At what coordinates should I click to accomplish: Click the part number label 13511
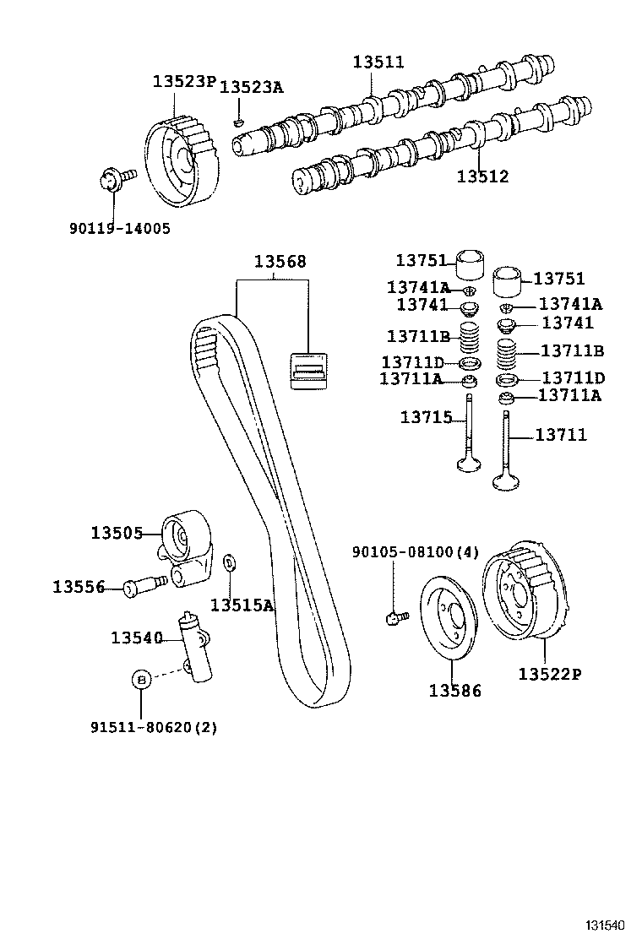[x=378, y=62]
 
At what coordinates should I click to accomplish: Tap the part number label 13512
[x=482, y=176]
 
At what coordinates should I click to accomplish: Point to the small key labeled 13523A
[x=239, y=123]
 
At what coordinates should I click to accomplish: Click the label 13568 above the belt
[x=280, y=262]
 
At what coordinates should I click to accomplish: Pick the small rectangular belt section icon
[x=309, y=370]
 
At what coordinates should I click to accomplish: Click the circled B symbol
[x=141, y=679]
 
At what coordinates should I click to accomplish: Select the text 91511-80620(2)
[x=153, y=726]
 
